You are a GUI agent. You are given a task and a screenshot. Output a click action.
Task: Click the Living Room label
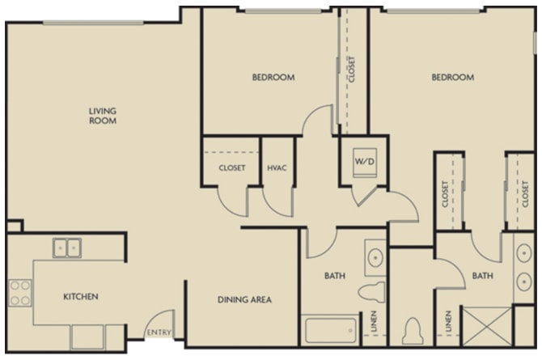103,116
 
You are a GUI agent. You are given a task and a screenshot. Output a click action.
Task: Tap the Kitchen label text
81,297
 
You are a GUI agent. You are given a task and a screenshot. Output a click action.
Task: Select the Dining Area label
244,299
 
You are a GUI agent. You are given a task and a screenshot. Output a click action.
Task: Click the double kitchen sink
67,248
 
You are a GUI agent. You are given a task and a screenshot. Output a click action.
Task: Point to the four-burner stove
20,293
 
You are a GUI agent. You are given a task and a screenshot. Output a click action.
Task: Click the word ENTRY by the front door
159,332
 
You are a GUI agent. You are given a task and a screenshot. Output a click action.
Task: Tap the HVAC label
277,168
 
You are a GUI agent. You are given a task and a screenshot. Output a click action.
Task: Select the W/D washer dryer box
365,163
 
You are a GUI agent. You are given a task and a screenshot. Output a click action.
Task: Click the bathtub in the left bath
330,330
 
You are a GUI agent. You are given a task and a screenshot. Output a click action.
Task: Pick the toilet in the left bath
371,292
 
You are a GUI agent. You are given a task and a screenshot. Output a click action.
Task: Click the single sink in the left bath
375,257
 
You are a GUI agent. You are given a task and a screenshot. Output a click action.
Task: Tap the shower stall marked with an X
487,326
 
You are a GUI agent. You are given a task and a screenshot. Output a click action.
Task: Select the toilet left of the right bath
413,332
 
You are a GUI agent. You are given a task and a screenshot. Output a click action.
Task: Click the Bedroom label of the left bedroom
273,77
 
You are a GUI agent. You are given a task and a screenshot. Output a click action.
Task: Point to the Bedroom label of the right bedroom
453,77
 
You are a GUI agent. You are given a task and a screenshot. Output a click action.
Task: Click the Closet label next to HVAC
232,168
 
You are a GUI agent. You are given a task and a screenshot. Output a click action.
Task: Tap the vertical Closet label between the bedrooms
352,69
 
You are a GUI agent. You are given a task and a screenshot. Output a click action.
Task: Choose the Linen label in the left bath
374,321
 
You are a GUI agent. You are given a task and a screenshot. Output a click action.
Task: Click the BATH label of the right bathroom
483,276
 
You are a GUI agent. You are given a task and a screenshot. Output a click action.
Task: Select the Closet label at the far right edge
525,194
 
